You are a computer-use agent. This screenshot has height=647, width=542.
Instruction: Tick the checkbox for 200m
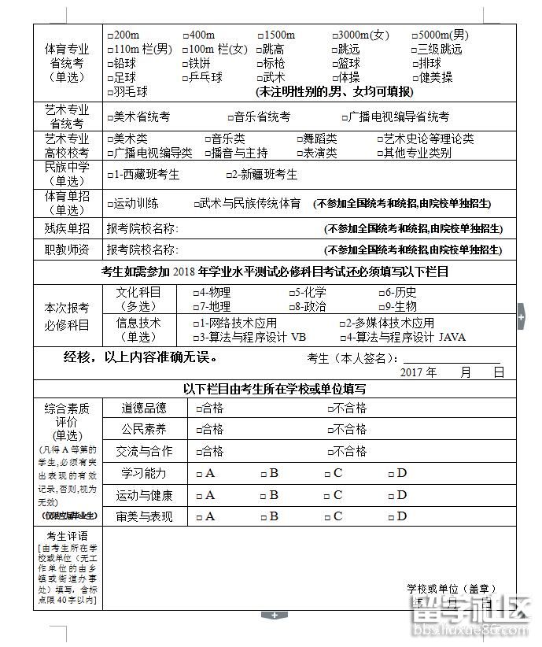110,35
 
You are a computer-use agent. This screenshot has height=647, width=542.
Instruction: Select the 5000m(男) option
415,35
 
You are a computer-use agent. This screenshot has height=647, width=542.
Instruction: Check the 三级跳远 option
415,50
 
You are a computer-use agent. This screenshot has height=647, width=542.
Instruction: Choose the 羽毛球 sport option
110,92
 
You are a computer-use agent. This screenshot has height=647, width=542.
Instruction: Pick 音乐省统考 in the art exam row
231,117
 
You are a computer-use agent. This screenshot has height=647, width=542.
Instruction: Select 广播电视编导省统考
342,117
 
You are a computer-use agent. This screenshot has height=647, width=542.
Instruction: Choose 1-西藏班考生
110,175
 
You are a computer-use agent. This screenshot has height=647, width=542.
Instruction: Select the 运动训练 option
110,204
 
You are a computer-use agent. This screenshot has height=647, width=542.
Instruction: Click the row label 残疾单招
67,228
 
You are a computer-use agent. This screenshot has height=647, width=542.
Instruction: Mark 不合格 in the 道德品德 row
330,409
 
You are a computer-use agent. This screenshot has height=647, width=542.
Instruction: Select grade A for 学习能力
199,474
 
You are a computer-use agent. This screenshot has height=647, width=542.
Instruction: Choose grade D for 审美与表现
391,517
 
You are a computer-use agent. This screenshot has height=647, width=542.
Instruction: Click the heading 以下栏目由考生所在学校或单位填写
274,389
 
